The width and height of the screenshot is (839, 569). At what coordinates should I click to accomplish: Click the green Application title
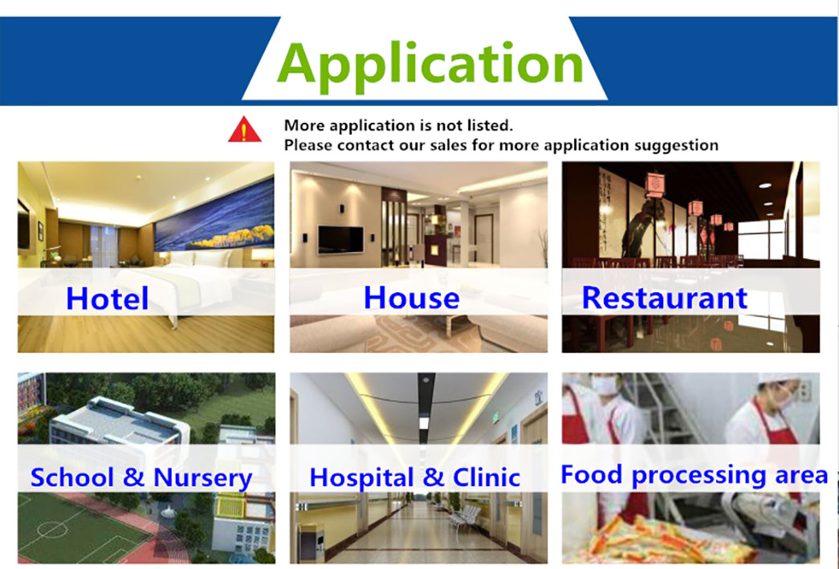point(430,65)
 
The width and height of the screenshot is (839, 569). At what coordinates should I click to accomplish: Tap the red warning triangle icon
point(245,129)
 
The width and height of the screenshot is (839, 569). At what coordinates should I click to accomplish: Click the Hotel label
point(107,299)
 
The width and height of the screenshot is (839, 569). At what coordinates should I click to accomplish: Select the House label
point(412,297)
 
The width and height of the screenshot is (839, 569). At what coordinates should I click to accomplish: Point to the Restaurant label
point(664,297)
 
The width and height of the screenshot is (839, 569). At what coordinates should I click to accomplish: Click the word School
point(71,477)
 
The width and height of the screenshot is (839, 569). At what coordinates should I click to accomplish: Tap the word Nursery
point(203,478)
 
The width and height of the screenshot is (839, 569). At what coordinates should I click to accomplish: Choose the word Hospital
point(361,478)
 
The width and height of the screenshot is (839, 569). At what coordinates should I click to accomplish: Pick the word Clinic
point(486,477)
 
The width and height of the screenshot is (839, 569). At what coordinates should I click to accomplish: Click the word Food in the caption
point(591,473)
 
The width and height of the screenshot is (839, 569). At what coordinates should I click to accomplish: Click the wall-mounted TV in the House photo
point(341,239)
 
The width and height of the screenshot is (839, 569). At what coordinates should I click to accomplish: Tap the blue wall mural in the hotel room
point(214,216)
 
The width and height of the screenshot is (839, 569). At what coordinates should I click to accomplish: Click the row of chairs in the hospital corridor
point(462,516)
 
